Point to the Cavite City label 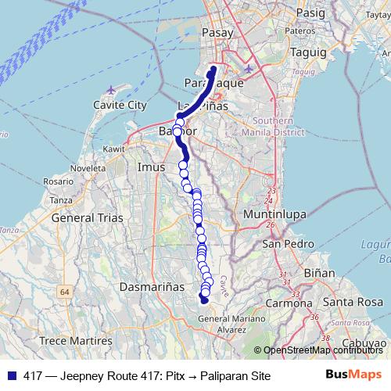120,104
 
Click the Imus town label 151,167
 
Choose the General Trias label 88,218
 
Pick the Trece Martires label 77,341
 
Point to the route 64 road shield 64,291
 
